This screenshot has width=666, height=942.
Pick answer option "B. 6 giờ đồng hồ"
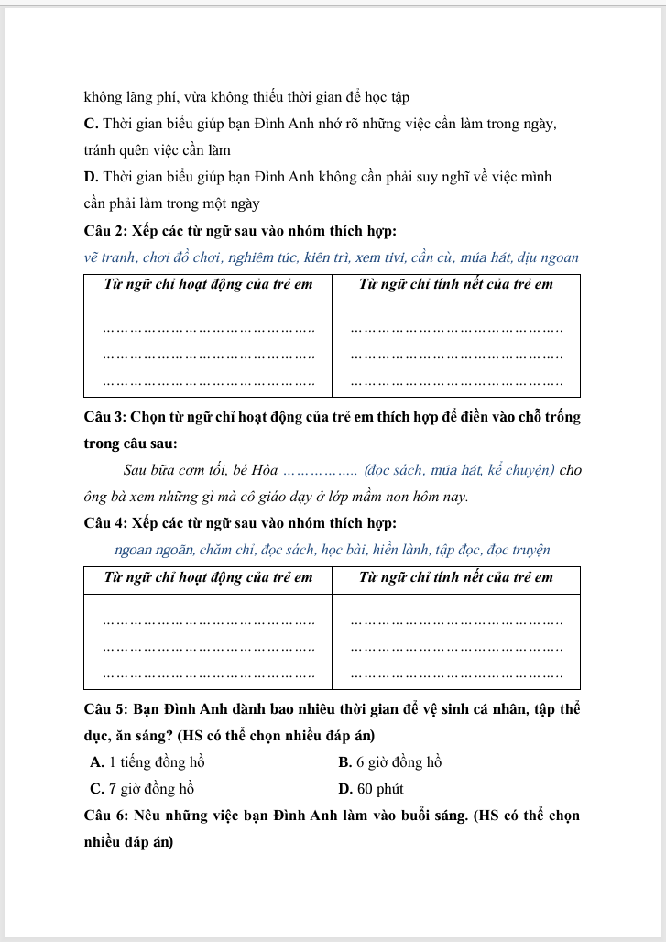click(390, 762)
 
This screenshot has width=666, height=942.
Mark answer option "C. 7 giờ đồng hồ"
click(143, 789)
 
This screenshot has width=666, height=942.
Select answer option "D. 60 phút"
click(371, 789)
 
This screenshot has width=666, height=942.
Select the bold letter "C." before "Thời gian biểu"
click(91, 124)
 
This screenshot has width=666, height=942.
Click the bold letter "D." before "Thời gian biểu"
click(91, 177)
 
